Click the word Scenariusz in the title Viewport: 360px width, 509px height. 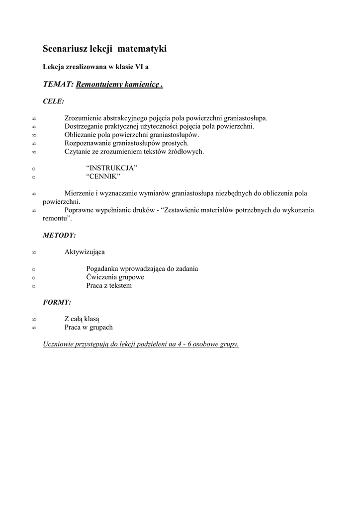[65, 49]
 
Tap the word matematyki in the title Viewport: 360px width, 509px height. [145, 49]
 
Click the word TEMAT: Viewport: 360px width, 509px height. [58, 85]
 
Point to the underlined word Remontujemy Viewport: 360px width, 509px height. [96, 85]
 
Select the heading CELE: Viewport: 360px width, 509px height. [54, 101]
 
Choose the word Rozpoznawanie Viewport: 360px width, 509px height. [88, 143]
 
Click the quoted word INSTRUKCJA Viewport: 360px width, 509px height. [111, 168]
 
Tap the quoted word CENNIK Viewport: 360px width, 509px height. [103, 176]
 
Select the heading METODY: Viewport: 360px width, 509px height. [59, 235]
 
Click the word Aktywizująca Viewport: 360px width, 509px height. [85, 252]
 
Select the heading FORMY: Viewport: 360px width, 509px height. [57, 302]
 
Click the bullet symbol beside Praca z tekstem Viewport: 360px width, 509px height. [33, 286]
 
